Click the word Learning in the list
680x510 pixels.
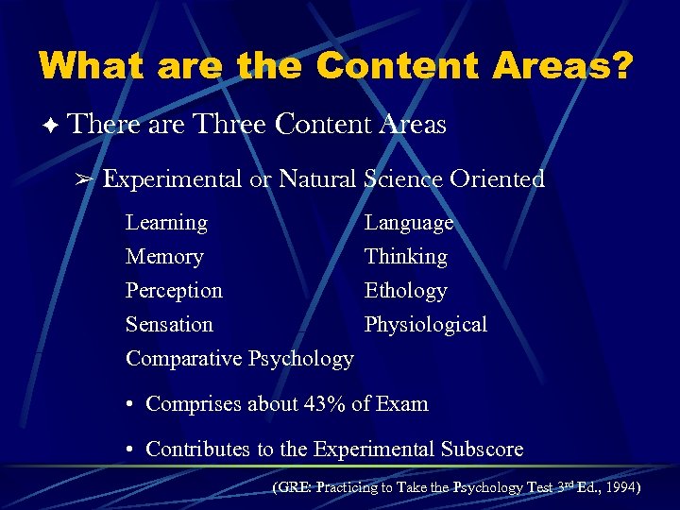point(166,223)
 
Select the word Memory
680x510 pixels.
point(164,257)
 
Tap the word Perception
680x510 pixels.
point(174,291)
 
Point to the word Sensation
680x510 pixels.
point(169,325)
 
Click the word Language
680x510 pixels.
point(409,223)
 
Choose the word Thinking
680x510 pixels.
point(406,257)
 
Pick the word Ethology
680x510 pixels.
point(406,291)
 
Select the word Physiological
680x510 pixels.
point(426,325)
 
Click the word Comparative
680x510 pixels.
point(183,359)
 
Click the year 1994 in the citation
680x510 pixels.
point(620,488)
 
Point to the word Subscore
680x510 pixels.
point(478,450)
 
